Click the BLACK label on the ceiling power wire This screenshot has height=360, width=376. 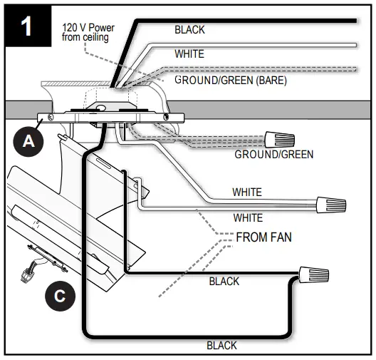pyautogui.click(x=189, y=30)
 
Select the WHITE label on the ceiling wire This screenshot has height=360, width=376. pyautogui.click(x=189, y=53)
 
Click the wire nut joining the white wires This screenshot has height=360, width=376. pyautogui.click(x=331, y=206)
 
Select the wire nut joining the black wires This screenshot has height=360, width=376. pyautogui.click(x=313, y=273)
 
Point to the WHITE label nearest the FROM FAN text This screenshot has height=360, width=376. pyautogui.click(x=248, y=217)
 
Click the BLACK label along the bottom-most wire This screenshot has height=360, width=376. pyautogui.click(x=221, y=345)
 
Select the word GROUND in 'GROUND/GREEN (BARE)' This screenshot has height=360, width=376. pyautogui.click(x=197, y=81)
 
